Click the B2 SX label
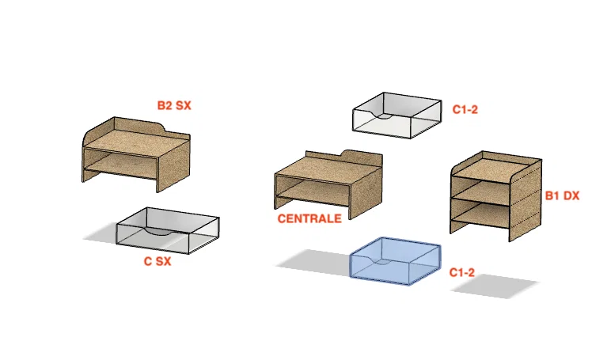[x=174, y=105]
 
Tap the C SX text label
[x=157, y=261]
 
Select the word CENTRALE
[x=309, y=218]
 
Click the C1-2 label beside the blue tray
[x=461, y=272]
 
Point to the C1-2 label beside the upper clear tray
[x=465, y=109]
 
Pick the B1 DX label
[x=562, y=195]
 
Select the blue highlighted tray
[x=395, y=260]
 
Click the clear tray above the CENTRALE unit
[x=397, y=116]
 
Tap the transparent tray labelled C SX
[x=168, y=231]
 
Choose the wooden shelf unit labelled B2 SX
[x=136, y=154]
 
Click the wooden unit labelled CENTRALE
[x=328, y=184]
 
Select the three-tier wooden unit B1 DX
[x=496, y=196]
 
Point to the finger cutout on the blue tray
[x=381, y=261]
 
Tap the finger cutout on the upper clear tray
[x=383, y=116]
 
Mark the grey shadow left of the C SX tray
[x=101, y=233]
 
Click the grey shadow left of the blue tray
[x=313, y=262]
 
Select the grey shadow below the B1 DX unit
[x=495, y=286]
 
